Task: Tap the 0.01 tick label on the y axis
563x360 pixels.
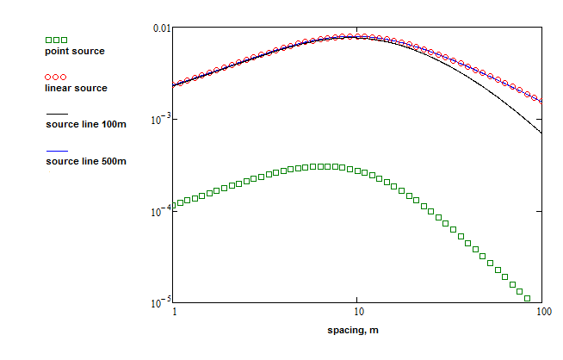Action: coord(162,28)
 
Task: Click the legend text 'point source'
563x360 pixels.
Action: coord(75,52)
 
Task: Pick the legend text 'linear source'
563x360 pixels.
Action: coord(76,89)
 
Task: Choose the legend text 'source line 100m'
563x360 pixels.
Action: coord(85,125)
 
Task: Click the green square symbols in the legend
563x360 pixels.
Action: coord(56,40)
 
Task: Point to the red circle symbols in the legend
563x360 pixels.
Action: coord(56,78)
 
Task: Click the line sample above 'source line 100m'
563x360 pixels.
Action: coord(56,114)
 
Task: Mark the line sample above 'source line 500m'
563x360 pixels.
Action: coord(56,151)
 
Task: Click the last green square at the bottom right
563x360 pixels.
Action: coord(527,298)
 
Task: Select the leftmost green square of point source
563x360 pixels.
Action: coord(174,205)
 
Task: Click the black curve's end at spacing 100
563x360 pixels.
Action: coord(541,133)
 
